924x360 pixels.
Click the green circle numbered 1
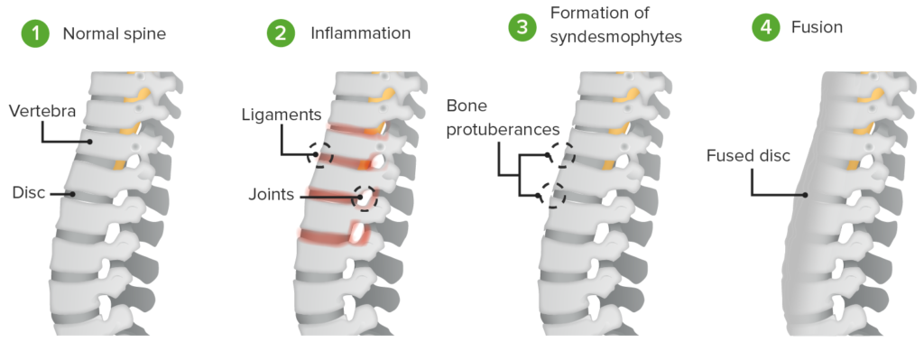(35, 35)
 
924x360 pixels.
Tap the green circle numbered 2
(280, 35)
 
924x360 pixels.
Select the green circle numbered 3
(522, 28)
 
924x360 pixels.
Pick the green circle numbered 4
(766, 28)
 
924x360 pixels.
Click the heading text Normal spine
(114, 35)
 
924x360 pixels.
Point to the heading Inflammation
(360, 34)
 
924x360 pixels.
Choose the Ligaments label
(282, 115)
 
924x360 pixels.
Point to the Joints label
(272, 193)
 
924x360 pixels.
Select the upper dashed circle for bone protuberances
(560, 156)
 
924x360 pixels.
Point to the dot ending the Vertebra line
(90, 142)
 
